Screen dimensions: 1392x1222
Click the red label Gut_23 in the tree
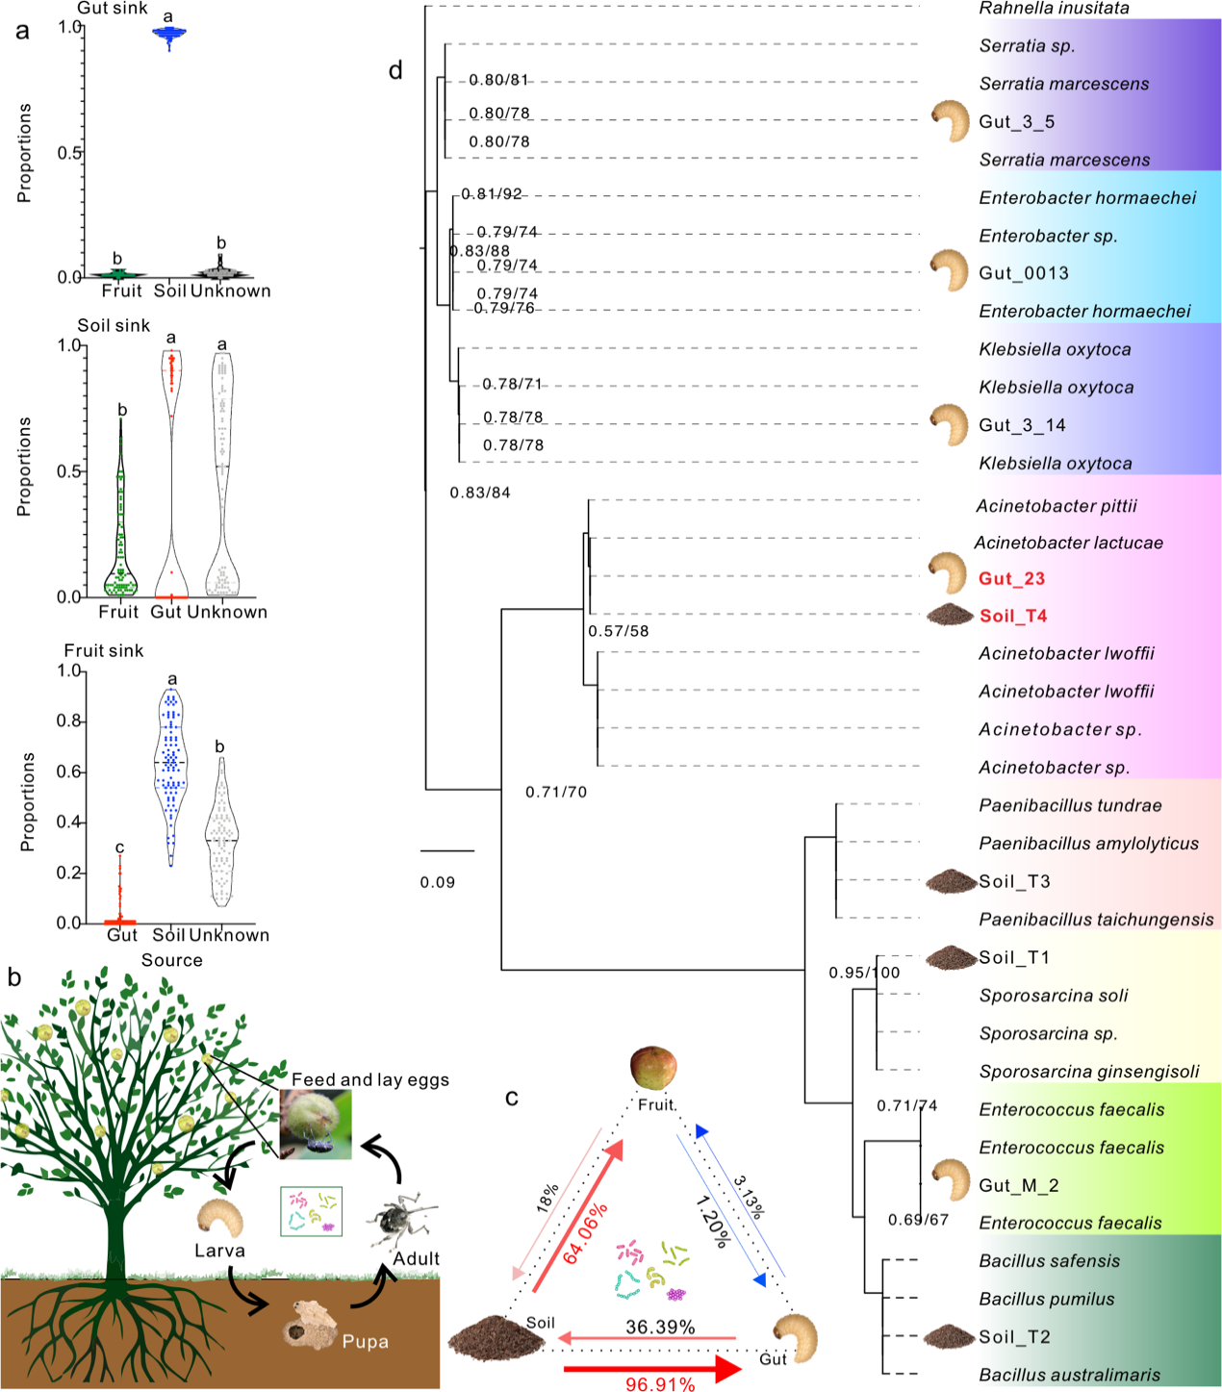pyautogui.click(x=1011, y=578)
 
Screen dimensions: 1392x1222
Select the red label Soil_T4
pyautogui.click(x=1013, y=616)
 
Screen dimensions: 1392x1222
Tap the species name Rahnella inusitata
pyautogui.click(x=1054, y=9)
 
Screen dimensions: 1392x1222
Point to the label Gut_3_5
pyautogui.click(x=1017, y=122)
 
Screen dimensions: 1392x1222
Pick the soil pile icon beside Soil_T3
pyautogui.click(x=951, y=880)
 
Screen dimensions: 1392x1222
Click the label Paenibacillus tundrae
pyautogui.click(x=1070, y=805)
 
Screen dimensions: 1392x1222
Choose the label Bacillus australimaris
pyautogui.click(x=1069, y=1375)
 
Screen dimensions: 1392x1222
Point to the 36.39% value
pyautogui.click(x=660, y=1327)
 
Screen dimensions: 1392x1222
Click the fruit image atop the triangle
pyautogui.click(x=653, y=1069)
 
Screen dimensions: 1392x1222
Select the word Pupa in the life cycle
pyautogui.click(x=366, y=1341)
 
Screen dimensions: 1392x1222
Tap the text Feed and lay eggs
pyautogui.click(x=370, y=1079)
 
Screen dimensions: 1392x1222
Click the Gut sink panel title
pyautogui.click(x=113, y=9)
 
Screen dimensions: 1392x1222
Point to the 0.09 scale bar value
pyautogui.click(x=438, y=882)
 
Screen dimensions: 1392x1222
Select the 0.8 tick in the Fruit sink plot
pyautogui.click(x=70, y=721)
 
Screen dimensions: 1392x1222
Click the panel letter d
pyautogui.click(x=395, y=71)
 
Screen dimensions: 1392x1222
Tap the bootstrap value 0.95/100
pyautogui.click(x=864, y=973)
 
